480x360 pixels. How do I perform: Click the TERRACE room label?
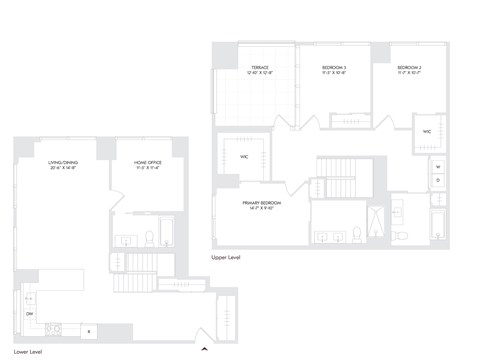point(260,70)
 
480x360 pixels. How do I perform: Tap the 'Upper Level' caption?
point(225,257)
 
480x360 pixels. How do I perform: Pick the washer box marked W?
point(437,166)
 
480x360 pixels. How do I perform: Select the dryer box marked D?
point(437,180)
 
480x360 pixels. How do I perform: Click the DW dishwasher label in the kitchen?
point(29,315)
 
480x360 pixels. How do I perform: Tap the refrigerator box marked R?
point(89,331)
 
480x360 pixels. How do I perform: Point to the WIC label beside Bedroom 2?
point(427,130)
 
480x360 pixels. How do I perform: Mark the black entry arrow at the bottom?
point(204,349)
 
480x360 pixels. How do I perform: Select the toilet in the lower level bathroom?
point(149,238)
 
